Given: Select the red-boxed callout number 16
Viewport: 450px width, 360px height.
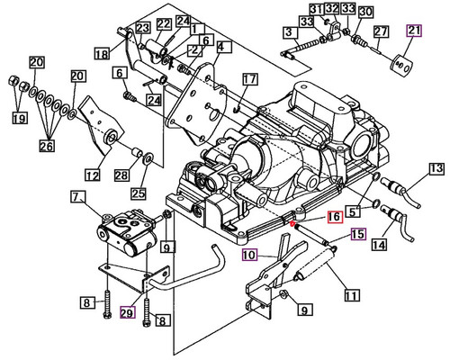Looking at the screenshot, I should pos(333,217).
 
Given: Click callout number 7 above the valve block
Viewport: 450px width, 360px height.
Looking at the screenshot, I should pos(77,196).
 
